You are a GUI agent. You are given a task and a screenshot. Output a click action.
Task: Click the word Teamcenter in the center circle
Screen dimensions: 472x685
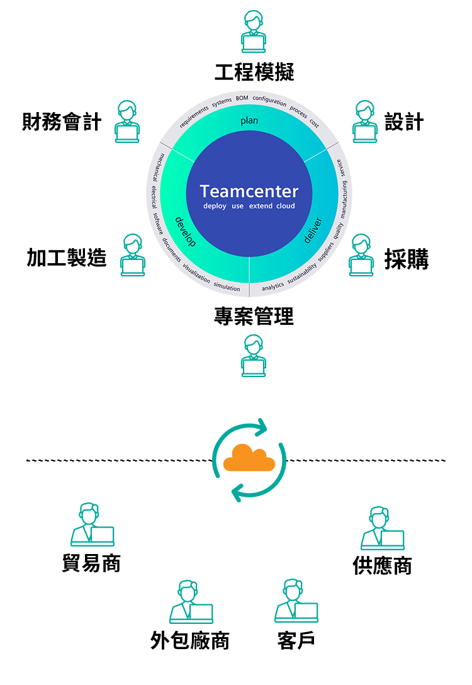pyautogui.click(x=249, y=191)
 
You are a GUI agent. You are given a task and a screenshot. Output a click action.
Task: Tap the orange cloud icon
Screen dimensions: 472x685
pyautogui.click(x=249, y=458)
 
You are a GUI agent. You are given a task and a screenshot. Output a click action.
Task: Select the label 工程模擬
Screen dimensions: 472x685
pyautogui.click(x=254, y=72)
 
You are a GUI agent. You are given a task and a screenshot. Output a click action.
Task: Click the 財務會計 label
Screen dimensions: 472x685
pyautogui.click(x=62, y=122)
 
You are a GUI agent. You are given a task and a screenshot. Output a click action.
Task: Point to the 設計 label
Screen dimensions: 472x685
pyautogui.click(x=404, y=122)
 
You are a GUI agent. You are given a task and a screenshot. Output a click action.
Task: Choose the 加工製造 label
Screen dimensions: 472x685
pyautogui.click(x=66, y=258)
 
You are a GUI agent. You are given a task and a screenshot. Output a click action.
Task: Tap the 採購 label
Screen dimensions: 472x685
pyautogui.click(x=407, y=259)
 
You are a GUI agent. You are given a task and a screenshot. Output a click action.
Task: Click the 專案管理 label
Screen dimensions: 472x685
pyautogui.click(x=254, y=316)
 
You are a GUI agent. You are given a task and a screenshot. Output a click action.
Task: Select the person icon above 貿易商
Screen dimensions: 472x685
pyautogui.click(x=92, y=524)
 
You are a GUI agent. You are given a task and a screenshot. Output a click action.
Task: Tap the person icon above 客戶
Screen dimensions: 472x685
pyautogui.click(x=296, y=601)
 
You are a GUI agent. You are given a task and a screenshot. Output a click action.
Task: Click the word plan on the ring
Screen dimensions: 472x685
pyautogui.click(x=249, y=121)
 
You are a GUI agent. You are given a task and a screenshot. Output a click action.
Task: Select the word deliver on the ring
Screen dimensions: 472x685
pyautogui.click(x=313, y=230)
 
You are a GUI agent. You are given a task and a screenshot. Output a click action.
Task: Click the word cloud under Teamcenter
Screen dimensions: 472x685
pyautogui.click(x=286, y=206)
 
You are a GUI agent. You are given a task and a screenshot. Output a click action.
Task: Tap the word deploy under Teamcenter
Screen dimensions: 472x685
pyautogui.click(x=215, y=207)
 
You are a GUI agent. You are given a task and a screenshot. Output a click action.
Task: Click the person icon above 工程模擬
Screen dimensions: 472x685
pyautogui.click(x=254, y=31)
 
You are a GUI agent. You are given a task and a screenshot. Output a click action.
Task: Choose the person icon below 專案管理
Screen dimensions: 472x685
pyautogui.click(x=254, y=356)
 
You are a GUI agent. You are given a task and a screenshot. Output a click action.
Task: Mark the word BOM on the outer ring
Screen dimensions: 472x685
pyautogui.click(x=242, y=98)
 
